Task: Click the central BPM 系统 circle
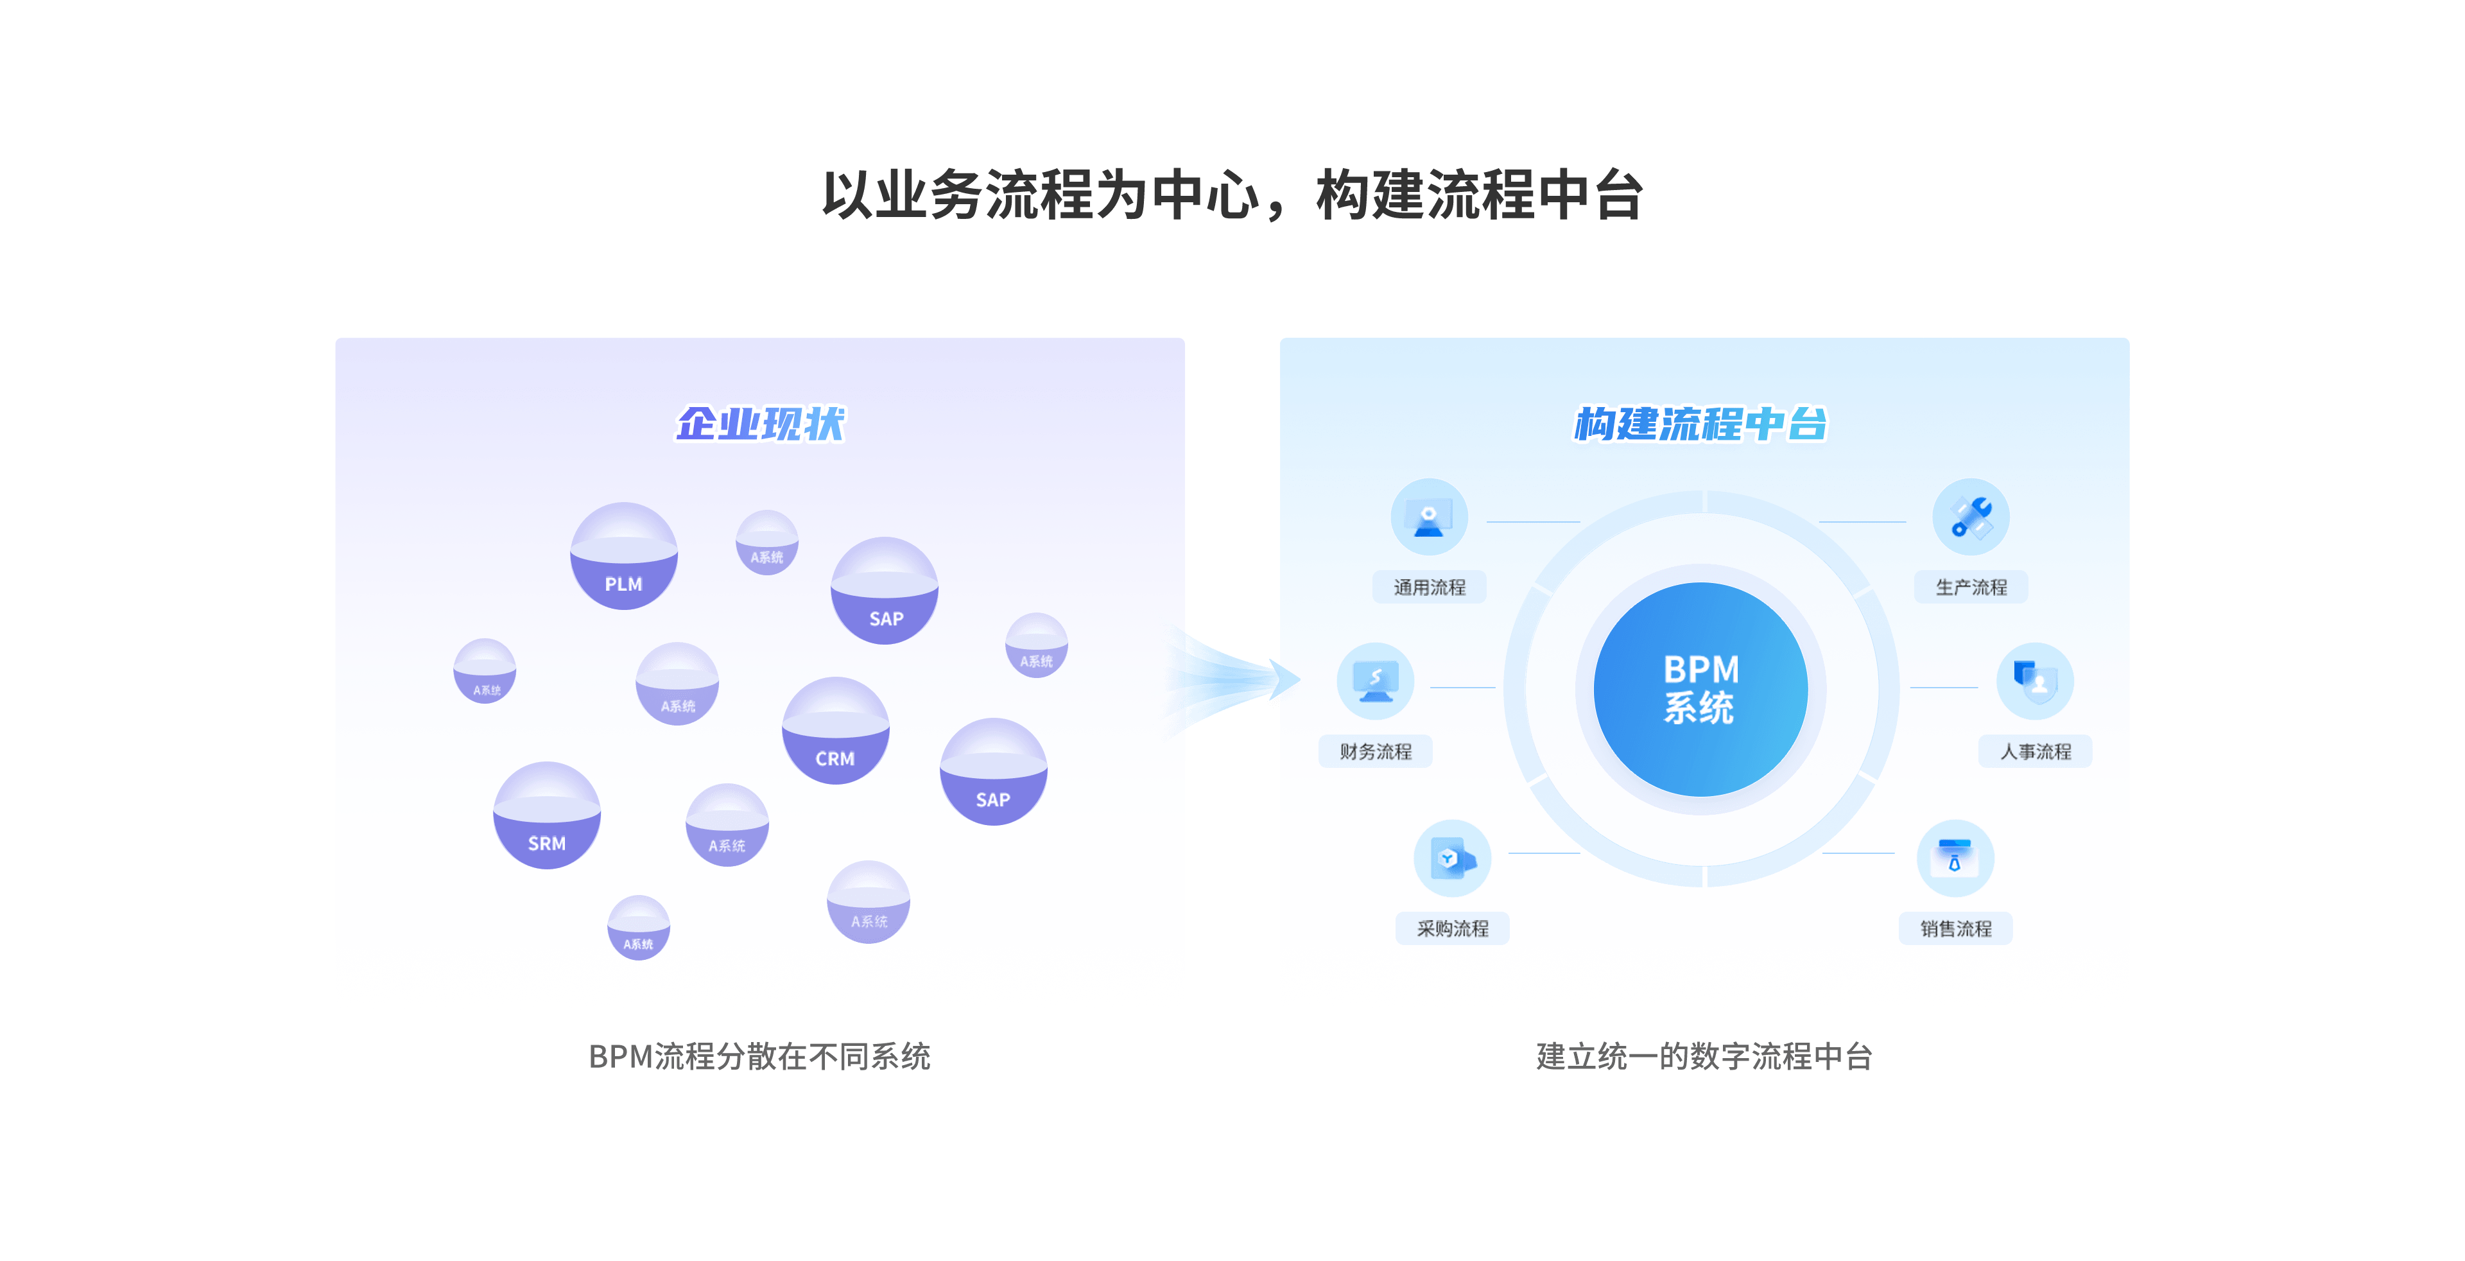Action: (x=1700, y=689)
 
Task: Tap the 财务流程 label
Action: (x=1375, y=752)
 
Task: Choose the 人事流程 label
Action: (x=2036, y=752)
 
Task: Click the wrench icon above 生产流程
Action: (x=1971, y=517)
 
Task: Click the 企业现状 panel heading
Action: (x=761, y=424)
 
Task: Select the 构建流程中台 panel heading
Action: (x=1700, y=424)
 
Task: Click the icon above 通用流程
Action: (x=1429, y=517)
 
